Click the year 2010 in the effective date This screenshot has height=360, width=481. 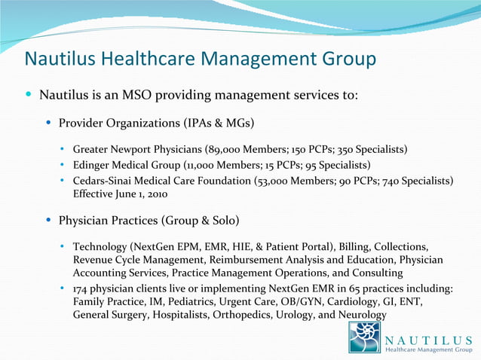[154, 194]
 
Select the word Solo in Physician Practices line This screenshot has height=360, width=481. [224, 221]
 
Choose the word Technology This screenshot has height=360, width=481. [100, 247]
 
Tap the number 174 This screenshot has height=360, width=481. [81, 289]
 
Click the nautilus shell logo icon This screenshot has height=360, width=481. [364, 337]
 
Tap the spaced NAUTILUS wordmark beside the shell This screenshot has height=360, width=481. [428, 334]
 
